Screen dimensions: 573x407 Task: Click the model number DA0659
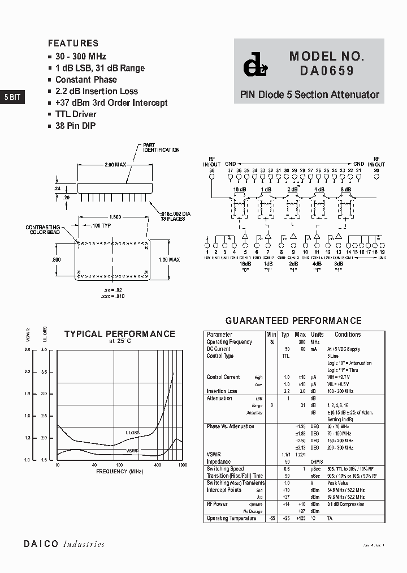click(323, 71)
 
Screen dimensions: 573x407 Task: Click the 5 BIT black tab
click(12, 97)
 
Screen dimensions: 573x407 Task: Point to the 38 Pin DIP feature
click(75, 126)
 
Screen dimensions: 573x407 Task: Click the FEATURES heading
click(73, 43)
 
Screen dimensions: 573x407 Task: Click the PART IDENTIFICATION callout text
click(161, 148)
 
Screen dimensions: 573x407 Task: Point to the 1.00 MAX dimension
click(170, 259)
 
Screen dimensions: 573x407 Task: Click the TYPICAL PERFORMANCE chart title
click(120, 334)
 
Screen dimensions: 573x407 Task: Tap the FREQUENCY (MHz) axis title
click(119, 471)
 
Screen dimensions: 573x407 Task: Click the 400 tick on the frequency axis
click(157, 465)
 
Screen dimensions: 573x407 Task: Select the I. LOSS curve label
click(132, 433)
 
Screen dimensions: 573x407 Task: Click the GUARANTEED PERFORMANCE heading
click(293, 320)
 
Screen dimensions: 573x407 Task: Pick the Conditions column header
click(347, 335)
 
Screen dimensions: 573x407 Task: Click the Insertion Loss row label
click(222, 391)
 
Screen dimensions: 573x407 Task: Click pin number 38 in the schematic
click(212, 170)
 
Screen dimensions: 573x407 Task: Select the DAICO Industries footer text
click(64, 544)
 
